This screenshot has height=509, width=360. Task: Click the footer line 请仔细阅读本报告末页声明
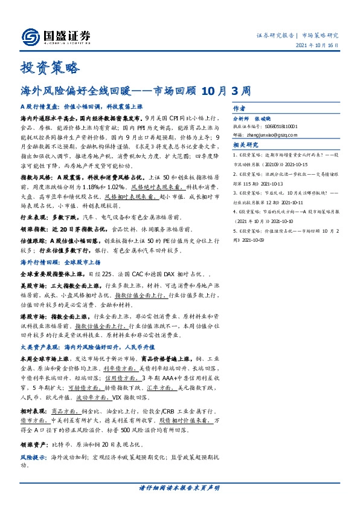click(x=179, y=488)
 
